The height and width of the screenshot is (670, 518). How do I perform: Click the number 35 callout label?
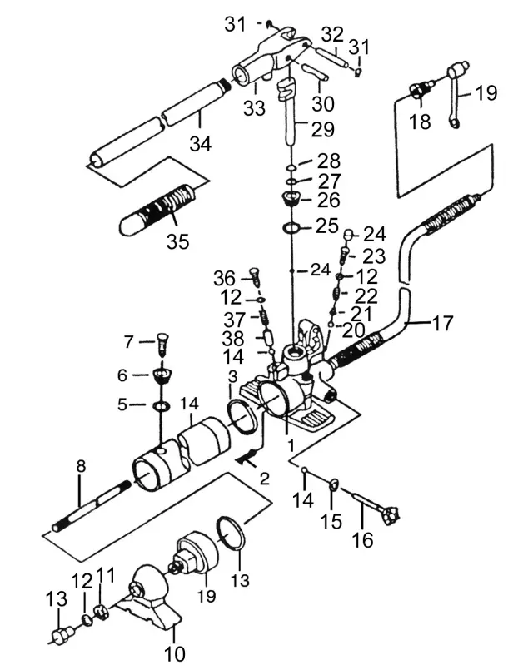177,241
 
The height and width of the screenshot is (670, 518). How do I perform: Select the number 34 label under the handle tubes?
199,144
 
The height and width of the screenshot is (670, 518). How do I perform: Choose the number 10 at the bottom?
175,652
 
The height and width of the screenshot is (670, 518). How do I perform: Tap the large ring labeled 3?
242,414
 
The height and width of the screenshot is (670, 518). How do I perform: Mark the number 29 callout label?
322,129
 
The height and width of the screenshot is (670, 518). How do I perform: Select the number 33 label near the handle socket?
254,108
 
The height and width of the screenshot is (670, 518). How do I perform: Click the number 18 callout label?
420,122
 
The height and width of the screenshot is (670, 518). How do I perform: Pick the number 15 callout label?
331,521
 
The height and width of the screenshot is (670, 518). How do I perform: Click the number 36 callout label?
224,277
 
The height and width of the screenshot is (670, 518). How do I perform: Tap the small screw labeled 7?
164,341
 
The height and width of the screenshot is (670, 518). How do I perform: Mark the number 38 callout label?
232,339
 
